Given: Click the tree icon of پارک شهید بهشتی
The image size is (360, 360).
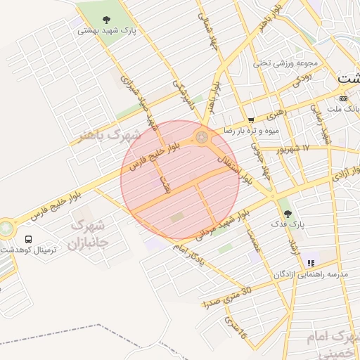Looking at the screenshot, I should click(x=106, y=20).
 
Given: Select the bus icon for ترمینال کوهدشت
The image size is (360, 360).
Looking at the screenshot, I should click(x=28, y=239).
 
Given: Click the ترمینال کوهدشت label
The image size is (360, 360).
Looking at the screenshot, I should click(x=28, y=250).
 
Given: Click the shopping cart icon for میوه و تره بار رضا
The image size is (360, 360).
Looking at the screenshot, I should click(x=252, y=120).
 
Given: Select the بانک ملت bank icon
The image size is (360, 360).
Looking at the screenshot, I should click(x=343, y=98).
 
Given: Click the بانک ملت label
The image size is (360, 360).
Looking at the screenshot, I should click(x=345, y=110).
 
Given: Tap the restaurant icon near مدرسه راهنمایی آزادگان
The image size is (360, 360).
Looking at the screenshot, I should click(x=310, y=264).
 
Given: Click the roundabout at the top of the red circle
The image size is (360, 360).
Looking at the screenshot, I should click(x=202, y=136).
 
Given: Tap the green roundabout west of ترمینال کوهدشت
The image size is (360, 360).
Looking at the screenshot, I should click(x=6, y=229).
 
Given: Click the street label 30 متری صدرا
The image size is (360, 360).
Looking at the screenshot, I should click(x=226, y=300).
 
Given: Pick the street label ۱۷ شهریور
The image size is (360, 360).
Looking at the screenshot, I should click(x=293, y=150).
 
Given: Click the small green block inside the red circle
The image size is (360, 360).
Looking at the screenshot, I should click(x=175, y=218).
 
